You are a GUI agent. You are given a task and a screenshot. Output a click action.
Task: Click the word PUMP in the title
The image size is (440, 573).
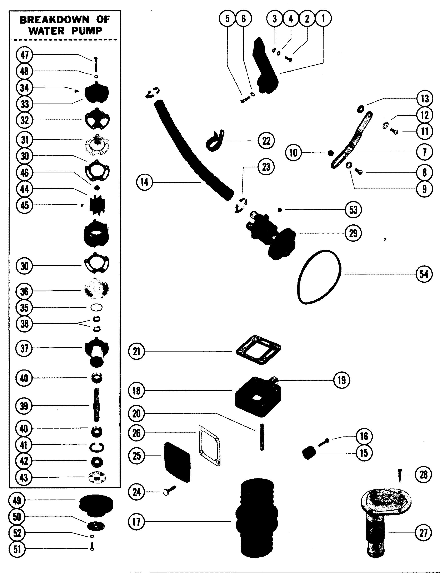click(x=87, y=31)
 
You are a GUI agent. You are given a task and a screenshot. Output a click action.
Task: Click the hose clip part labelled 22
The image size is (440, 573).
click(x=214, y=141)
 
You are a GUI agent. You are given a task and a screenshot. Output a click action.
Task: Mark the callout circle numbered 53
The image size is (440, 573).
click(x=353, y=210)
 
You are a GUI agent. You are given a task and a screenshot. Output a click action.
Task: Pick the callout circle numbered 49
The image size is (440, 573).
click(x=17, y=500)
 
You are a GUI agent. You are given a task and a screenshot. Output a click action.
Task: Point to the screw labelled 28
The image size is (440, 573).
click(x=400, y=475)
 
